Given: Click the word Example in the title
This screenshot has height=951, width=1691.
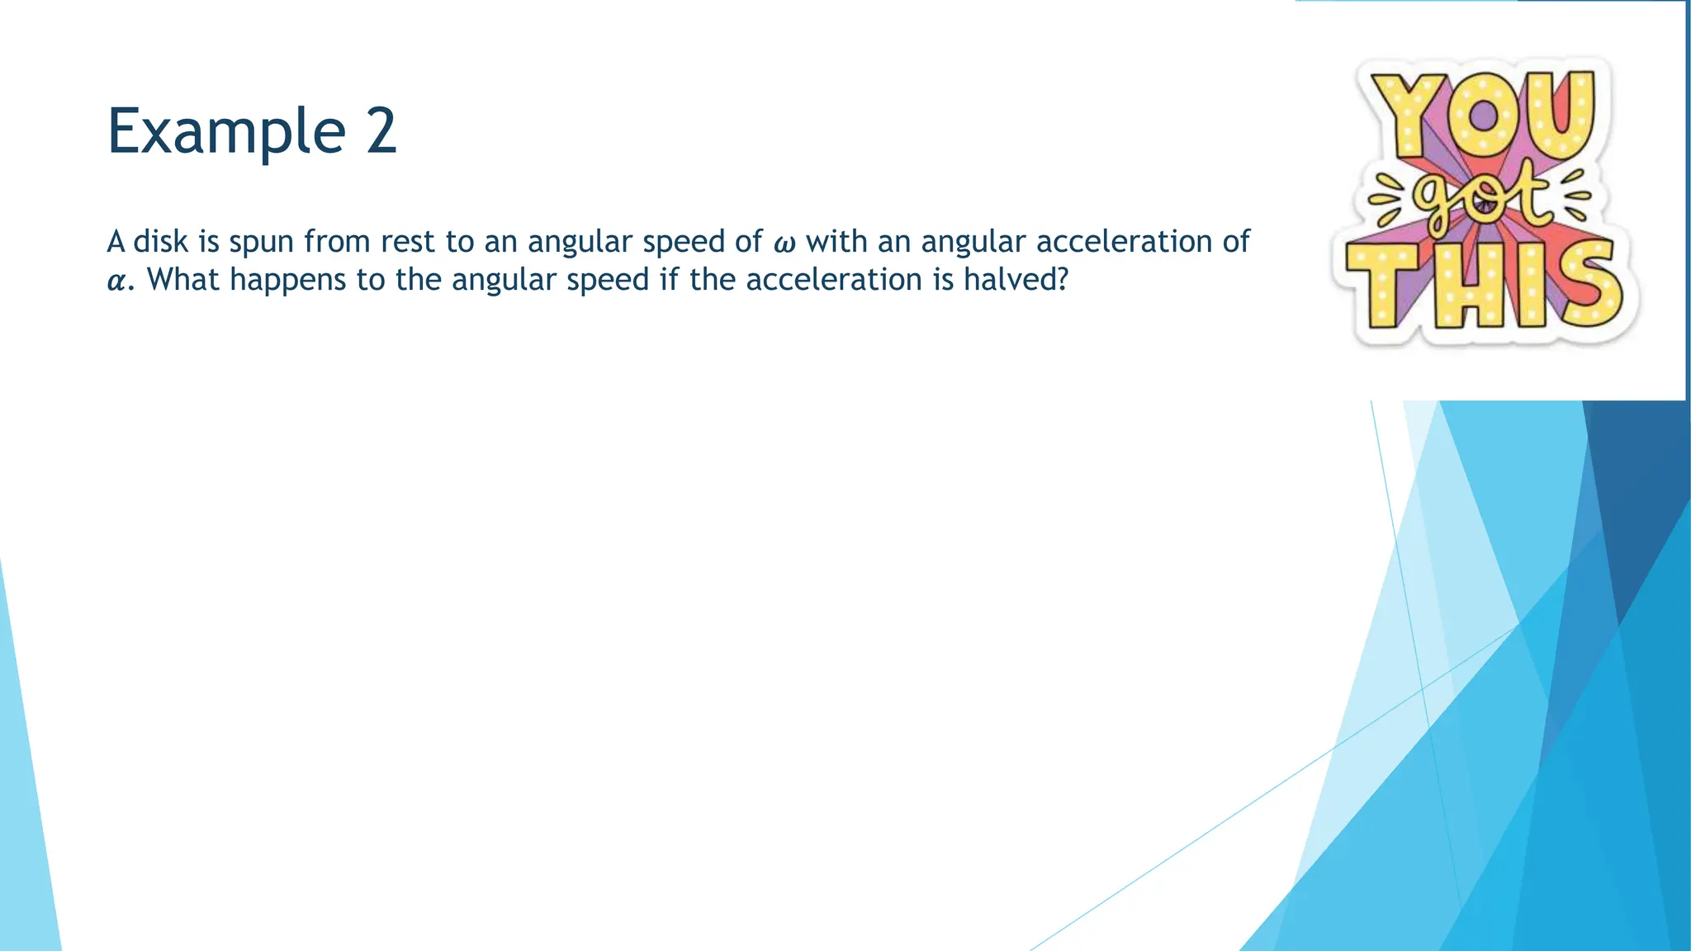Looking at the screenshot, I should click(225, 131).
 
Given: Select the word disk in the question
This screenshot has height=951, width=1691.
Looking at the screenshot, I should click(161, 242).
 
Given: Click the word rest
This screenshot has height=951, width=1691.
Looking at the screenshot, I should click(408, 242).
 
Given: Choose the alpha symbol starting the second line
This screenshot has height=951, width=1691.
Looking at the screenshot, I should click(118, 282).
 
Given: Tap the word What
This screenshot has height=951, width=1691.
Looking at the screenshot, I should click(183, 280).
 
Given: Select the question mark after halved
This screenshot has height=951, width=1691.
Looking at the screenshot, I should click(1061, 280).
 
